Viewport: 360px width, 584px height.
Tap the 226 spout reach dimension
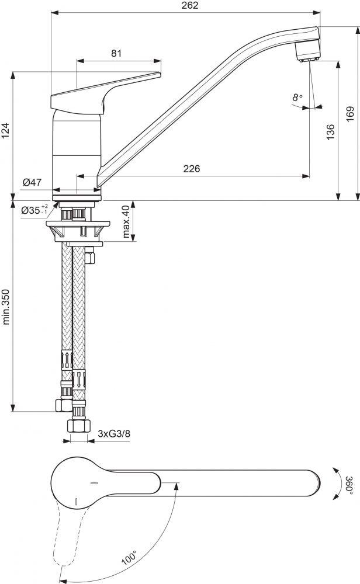click(192, 169)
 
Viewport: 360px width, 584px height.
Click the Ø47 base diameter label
click(32, 183)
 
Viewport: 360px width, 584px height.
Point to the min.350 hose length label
click(6, 306)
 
